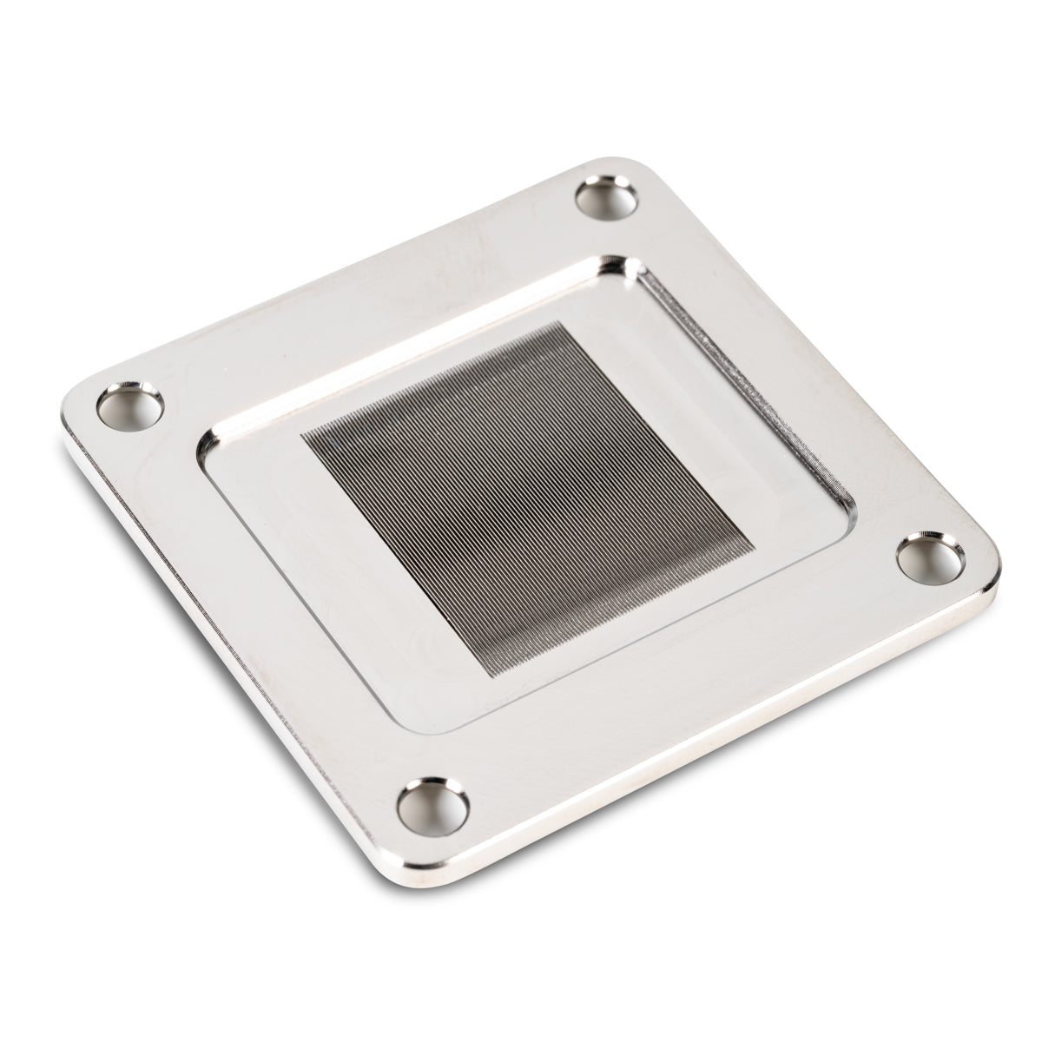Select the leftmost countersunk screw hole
pos(131,405)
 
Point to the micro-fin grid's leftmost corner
pos(301,432)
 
